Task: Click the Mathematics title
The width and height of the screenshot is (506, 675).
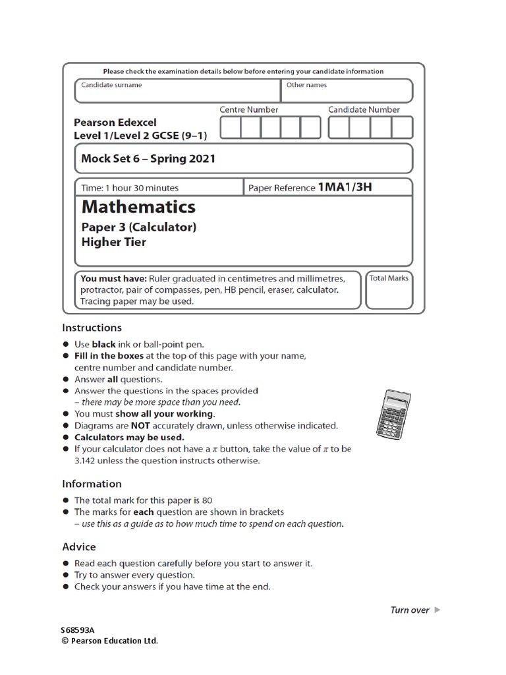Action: (138, 207)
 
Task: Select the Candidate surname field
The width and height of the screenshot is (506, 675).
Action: (177, 91)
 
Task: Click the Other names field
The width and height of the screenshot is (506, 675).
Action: (347, 91)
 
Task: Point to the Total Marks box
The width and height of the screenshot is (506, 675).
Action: (389, 290)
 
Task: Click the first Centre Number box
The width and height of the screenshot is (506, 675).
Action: (231, 127)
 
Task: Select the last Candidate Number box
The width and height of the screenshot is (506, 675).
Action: (401, 127)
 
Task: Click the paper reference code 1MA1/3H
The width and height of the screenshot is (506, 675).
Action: (345, 187)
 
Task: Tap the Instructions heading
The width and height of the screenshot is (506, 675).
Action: (92, 328)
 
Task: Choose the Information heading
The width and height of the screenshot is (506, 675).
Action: (92, 484)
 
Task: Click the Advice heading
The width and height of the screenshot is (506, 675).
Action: (79, 546)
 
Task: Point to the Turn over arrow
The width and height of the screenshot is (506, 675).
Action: (437, 610)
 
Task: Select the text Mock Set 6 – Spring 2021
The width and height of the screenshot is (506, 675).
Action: (148, 159)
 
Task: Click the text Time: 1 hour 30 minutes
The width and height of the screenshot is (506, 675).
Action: (130, 188)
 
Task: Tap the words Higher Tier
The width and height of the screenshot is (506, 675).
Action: (113, 242)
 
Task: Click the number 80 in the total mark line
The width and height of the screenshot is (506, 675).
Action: (207, 500)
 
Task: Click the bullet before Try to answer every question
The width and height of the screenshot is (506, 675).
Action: (66, 575)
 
